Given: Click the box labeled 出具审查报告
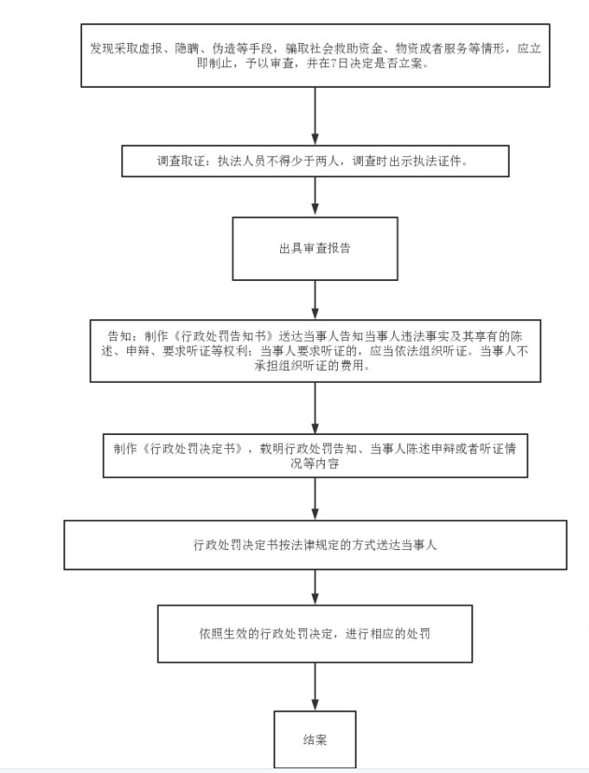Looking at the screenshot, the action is pyautogui.click(x=315, y=248).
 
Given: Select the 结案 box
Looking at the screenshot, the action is pyautogui.click(x=315, y=739).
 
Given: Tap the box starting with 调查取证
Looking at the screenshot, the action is pyautogui.click(x=315, y=161).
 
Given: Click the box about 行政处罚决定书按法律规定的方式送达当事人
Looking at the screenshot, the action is pyautogui.click(x=315, y=545).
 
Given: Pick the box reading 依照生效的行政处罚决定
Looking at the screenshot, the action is pyautogui.click(x=315, y=634).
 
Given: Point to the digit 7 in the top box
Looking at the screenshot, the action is pyautogui.click(x=334, y=63).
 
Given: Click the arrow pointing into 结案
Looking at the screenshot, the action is pyautogui.click(x=315, y=686).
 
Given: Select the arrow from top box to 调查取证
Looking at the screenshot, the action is pyautogui.click(x=315, y=116).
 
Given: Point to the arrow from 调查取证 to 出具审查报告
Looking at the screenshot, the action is pyautogui.click(x=315, y=197).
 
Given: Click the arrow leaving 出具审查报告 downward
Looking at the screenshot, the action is pyautogui.click(x=315, y=300).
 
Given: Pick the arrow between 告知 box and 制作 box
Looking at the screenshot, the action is pyautogui.click(x=315, y=408).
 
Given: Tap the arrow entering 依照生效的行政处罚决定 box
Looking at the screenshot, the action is pyautogui.click(x=315, y=587).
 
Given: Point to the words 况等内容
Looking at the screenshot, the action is pyautogui.click(x=315, y=463).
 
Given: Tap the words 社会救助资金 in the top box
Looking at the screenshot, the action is pyautogui.click(x=346, y=49).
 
